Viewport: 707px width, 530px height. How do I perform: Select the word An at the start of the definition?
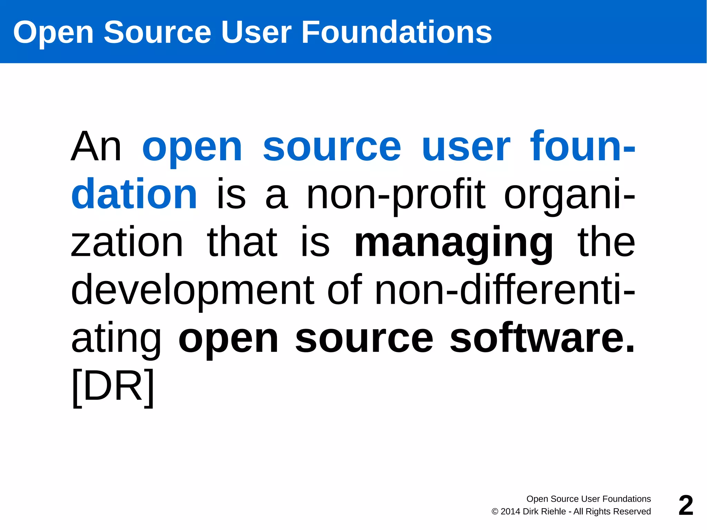tap(96, 147)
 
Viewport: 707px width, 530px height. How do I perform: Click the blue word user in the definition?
tap(466, 147)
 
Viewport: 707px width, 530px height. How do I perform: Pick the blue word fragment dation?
tap(134, 194)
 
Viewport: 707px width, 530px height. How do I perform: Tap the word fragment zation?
tap(127, 242)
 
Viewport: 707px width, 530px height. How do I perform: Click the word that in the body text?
tap(242, 242)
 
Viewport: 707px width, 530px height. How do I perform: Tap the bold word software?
tap(542, 338)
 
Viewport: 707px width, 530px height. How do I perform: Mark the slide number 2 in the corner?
tap(686, 505)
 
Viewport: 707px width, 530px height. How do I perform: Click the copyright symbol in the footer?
tap(495, 512)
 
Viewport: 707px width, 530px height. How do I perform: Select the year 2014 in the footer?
tap(510, 511)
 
